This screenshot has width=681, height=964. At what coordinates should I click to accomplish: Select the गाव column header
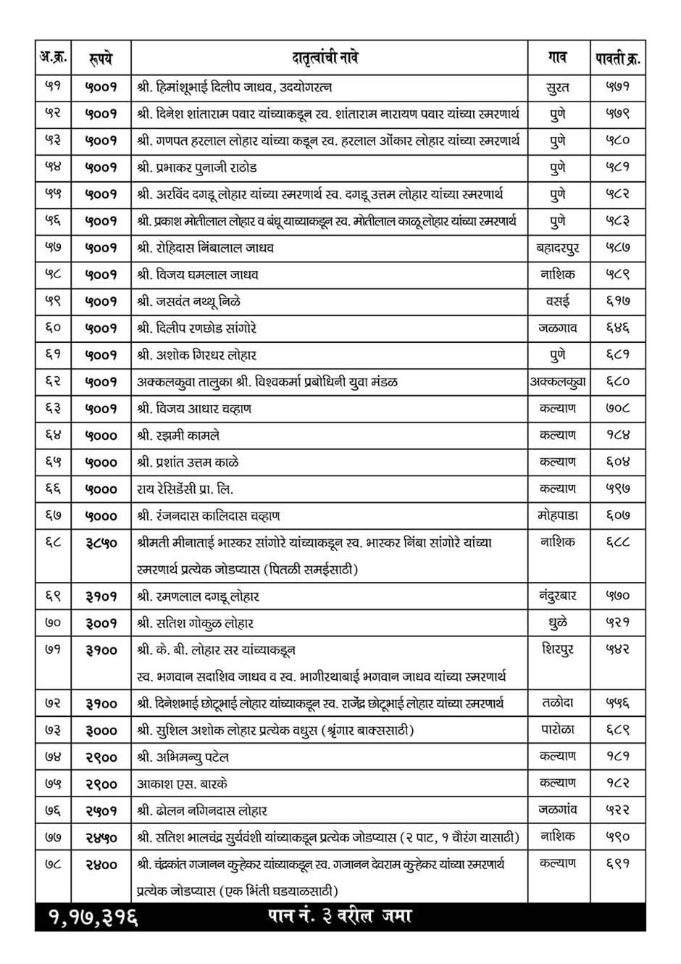pyautogui.click(x=557, y=57)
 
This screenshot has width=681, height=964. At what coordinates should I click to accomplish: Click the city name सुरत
pyautogui.click(x=557, y=88)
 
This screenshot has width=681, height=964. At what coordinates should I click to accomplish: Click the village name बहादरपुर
pyautogui.click(x=557, y=248)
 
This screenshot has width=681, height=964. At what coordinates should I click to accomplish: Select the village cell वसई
pyautogui.click(x=557, y=302)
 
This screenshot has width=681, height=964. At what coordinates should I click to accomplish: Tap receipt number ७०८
pyautogui.click(x=618, y=408)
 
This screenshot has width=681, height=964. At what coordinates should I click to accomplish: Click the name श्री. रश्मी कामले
pyautogui.click(x=178, y=436)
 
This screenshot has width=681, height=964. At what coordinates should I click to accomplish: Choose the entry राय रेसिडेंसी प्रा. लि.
pyautogui.click(x=185, y=489)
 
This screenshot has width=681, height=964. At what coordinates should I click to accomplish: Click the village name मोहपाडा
pyautogui.click(x=557, y=516)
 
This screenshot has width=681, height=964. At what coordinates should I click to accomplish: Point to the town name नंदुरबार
pyautogui.click(x=557, y=596)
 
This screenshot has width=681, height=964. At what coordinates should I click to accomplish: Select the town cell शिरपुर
pyautogui.click(x=557, y=649)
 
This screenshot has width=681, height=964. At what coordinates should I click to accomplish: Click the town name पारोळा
pyautogui.click(x=557, y=730)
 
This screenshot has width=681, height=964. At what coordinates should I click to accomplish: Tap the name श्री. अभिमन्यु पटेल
pyautogui.click(x=183, y=757)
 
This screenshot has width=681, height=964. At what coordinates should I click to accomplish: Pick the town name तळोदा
pyautogui.click(x=557, y=703)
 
